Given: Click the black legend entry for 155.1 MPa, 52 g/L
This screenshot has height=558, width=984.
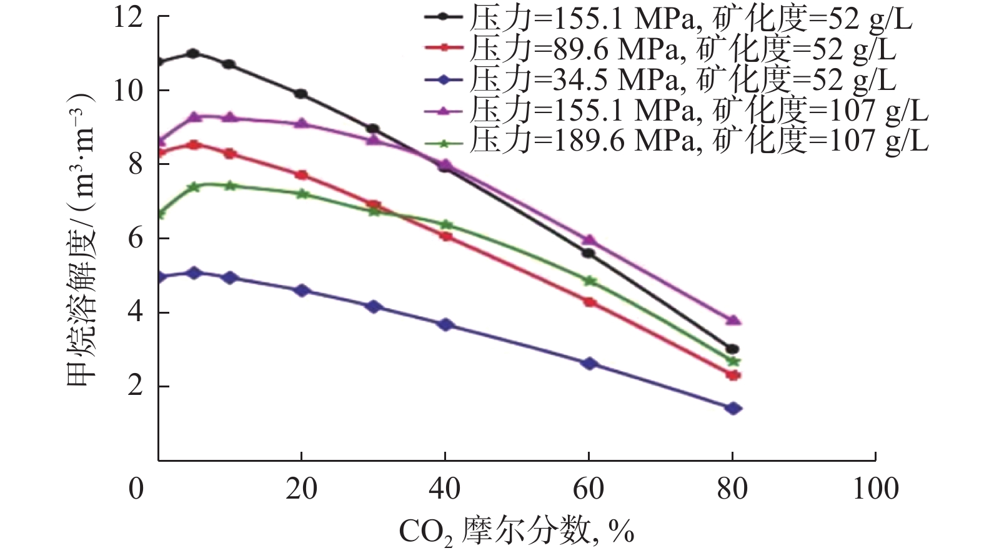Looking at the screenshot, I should coord(668,19).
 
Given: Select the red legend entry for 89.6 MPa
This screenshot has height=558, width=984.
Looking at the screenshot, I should coord(660,49).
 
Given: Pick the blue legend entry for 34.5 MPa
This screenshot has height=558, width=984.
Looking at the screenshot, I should coord(660,79).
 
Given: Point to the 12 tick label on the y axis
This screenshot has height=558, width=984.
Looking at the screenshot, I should coord(127,17).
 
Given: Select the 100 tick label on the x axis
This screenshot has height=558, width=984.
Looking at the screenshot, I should coord(876,489).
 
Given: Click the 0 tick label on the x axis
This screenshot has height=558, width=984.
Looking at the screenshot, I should coord(136,489).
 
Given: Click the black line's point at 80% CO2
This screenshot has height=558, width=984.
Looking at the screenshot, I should coord(733,349).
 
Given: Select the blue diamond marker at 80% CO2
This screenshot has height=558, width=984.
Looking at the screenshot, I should coord(733,409).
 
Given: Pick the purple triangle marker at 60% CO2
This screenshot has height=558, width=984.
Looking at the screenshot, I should coord(589,240).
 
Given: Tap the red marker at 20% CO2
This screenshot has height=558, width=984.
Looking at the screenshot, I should coord(302,175).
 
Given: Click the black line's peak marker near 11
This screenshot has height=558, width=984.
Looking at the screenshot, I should coord(193,54).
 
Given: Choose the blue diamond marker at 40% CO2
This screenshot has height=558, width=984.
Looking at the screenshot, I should coord(446,325).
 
